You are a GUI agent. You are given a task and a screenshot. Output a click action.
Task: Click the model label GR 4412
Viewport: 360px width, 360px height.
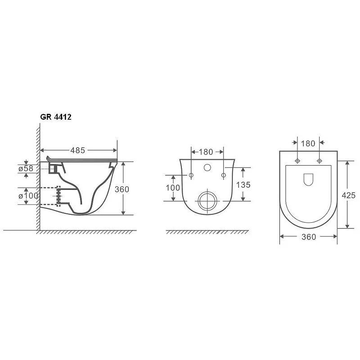click(x=56, y=117)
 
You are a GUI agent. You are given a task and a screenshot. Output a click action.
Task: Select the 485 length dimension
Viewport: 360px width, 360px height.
click(x=77, y=150)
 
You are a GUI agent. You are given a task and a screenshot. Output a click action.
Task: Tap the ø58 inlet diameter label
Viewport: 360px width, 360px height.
click(x=26, y=168)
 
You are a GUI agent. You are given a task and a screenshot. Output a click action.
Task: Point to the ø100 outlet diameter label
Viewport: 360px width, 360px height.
click(x=28, y=196)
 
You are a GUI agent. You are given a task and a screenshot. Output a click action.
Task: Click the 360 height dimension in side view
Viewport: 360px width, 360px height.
click(x=122, y=189)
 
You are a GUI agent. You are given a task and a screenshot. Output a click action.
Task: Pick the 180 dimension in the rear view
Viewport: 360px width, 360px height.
click(x=206, y=152)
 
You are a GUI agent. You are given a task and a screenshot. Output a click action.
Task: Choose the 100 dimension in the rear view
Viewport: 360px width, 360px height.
click(x=173, y=188)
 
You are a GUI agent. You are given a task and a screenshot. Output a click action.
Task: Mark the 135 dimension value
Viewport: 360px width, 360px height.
click(x=243, y=184)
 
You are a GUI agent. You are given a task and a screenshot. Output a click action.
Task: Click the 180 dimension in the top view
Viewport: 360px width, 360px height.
click(x=308, y=144)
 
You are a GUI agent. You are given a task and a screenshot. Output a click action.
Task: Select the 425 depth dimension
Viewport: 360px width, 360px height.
click(x=348, y=195)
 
